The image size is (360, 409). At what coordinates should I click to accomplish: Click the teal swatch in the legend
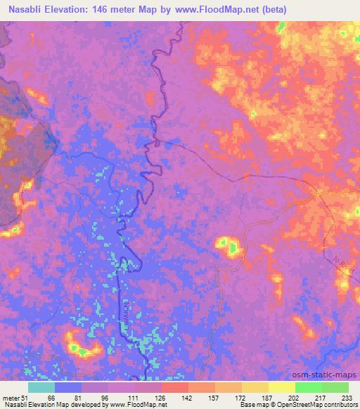point(41,387)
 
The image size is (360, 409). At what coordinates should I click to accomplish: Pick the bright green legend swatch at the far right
point(335,387)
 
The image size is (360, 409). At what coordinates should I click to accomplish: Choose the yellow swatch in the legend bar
point(281,387)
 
